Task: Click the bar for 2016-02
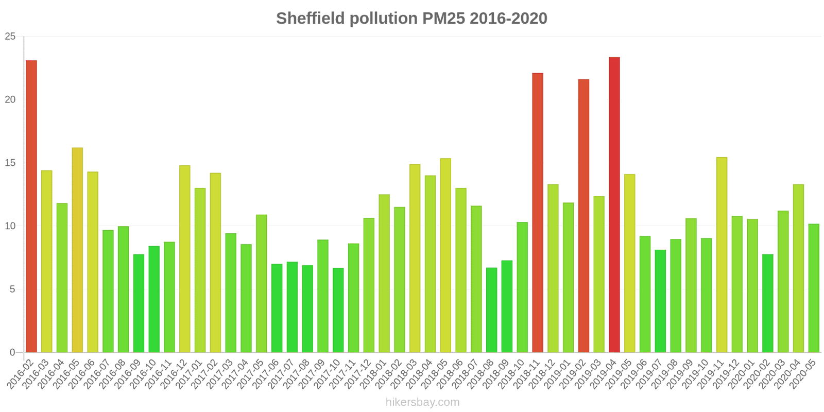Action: [x=31, y=206]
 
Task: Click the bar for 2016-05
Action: [x=77, y=250]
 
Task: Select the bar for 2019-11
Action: [x=722, y=254]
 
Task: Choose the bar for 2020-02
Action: [x=768, y=303]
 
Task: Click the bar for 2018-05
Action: [x=445, y=255]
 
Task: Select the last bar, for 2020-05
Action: [x=814, y=288]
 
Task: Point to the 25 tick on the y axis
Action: [x=10, y=37]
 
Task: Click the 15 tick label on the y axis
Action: [x=10, y=163]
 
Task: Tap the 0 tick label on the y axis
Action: [x=13, y=353]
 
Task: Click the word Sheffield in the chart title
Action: [x=311, y=19]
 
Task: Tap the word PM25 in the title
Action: [x=443, y=19]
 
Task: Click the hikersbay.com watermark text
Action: [x=422, y=402]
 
